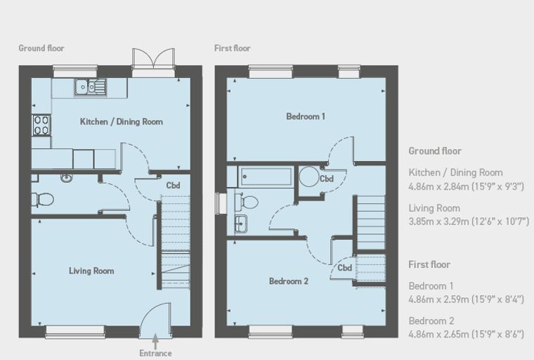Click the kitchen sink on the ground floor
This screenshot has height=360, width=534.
tap(90, 87)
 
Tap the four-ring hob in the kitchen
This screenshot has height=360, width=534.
tap(41, 125)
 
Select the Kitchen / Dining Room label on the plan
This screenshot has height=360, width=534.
tap(122, 122)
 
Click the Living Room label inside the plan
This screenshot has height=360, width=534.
tap(91, 271)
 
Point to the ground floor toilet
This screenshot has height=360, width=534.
tap(43, 200)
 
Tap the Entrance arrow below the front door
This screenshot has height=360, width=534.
tap(155, 340)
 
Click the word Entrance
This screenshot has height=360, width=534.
tap(155, 353)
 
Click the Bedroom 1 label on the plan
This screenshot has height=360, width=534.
tap(306, 117)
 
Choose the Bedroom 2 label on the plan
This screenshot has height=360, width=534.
tap(289, 281)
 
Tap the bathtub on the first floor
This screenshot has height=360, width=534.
tap(266, 176)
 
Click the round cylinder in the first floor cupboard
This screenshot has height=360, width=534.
tap(309, 176)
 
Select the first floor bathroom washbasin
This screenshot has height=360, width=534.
tap(241, 224)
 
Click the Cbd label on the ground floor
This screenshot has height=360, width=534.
tap(173, 186)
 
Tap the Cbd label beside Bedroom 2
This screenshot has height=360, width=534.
tap(345, 268)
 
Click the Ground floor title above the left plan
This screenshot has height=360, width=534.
tap(41, 48)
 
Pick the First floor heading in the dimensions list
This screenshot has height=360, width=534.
tap(429, 264)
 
